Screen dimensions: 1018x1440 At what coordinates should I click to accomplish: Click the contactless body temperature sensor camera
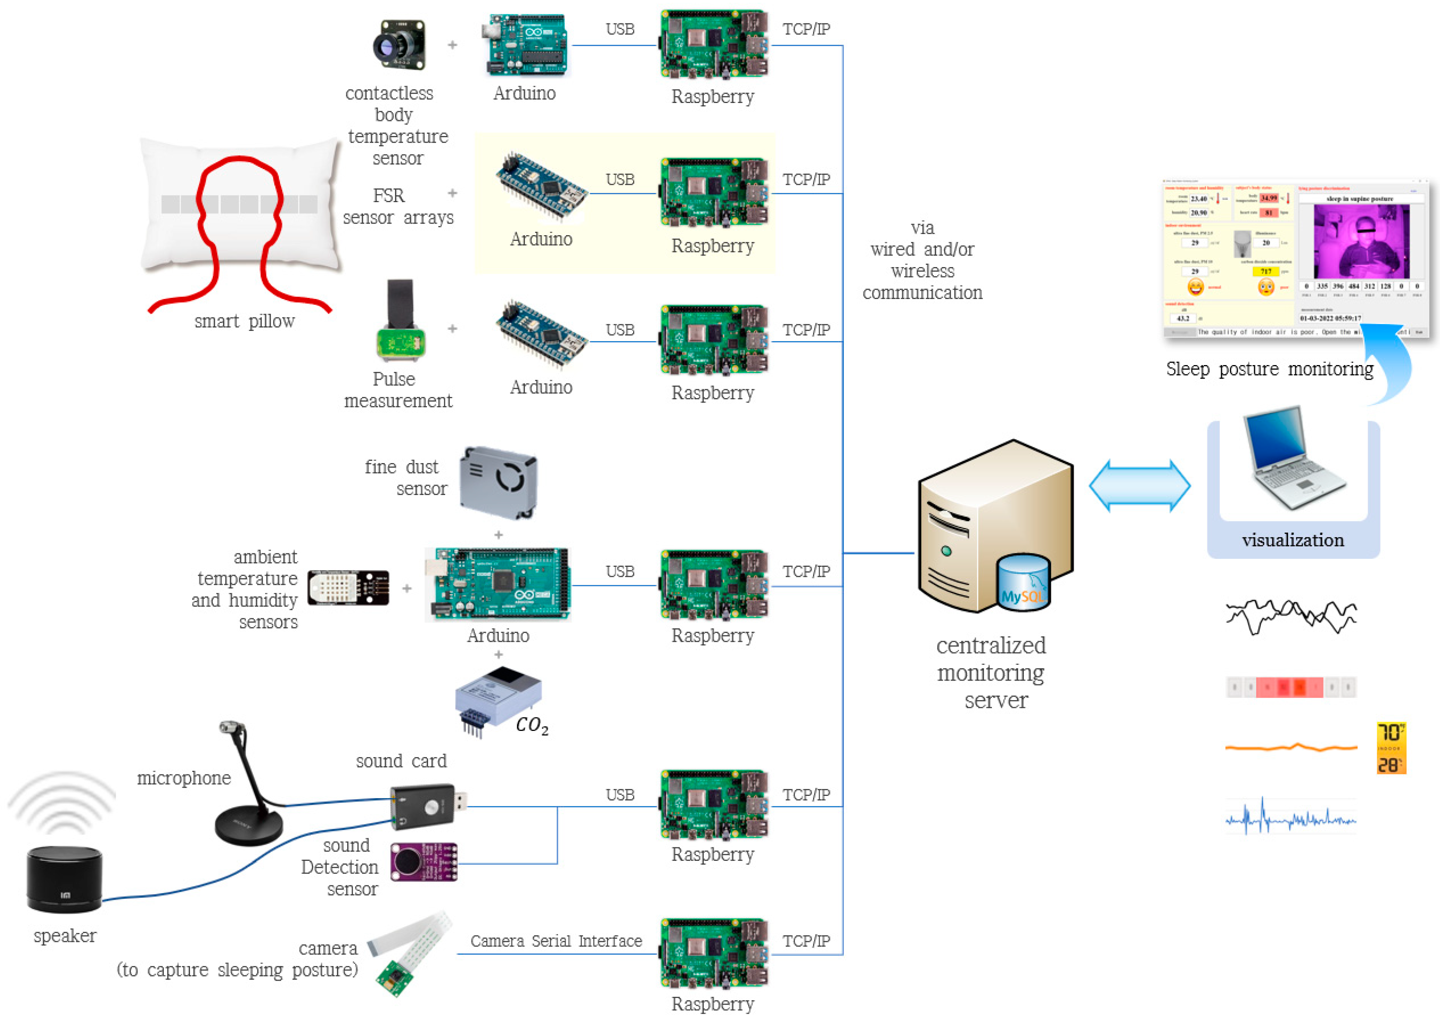click(400, 45)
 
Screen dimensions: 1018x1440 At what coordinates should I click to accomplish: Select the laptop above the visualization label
click(1292, 461)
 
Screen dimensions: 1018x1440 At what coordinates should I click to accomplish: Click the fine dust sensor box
click(498, 483)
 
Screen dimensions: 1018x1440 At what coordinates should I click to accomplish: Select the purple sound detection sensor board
click(423, 862)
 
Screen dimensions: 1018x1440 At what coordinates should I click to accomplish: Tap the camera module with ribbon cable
click(408, 953)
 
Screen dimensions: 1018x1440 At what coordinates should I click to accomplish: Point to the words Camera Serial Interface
click(556, 941)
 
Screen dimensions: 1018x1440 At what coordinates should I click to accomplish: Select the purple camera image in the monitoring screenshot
click(1361, 241)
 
